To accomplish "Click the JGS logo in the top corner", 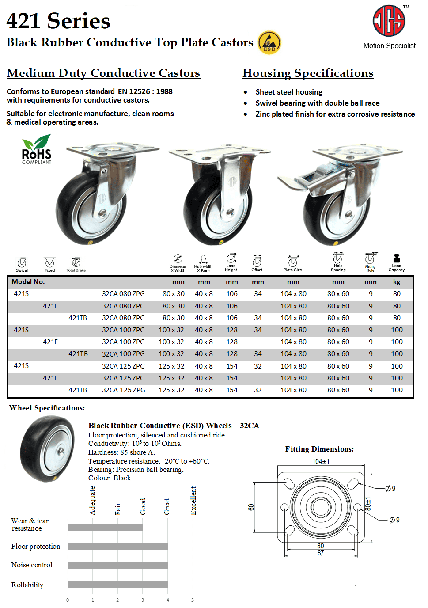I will coord(389,21).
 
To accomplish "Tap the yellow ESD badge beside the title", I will coord(269,43).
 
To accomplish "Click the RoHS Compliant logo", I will coord(37,150).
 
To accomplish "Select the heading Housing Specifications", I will coord(308,73).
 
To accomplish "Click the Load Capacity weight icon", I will coord(396,258).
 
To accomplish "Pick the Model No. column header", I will coord(28,282).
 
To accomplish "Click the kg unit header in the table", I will coord(397,282).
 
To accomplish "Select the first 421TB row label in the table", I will coord(78,318).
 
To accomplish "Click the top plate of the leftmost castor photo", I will coord(113,149).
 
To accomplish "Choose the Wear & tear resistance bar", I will coord(105,527).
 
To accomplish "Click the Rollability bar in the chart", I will coord(117,584).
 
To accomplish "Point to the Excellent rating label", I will coord(193,501).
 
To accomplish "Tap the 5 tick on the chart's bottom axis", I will coord(193,600).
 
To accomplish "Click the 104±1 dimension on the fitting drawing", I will coord(321,461).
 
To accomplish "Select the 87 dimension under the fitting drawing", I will coord(321,553).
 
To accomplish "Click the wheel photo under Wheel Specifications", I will coord(48,449).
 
